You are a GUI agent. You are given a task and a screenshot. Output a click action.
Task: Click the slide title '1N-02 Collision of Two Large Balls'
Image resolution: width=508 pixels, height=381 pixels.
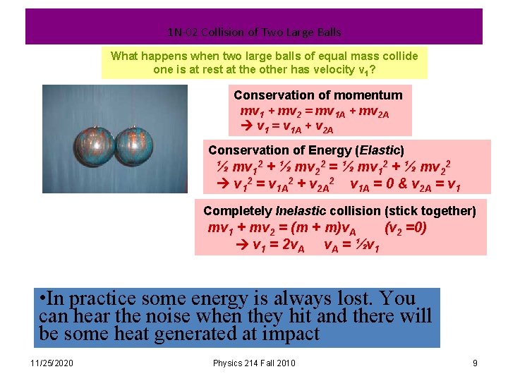click(254, 32)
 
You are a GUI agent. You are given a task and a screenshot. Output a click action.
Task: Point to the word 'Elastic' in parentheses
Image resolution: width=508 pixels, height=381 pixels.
click(380, 150)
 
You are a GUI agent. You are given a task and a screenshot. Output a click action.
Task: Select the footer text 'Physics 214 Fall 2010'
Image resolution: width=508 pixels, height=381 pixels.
click(254, 363)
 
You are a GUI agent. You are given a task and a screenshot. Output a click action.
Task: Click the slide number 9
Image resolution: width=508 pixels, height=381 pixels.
click(475, 363)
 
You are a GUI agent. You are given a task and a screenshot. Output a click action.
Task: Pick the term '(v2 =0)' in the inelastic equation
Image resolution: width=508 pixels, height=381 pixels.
click(406, 229)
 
